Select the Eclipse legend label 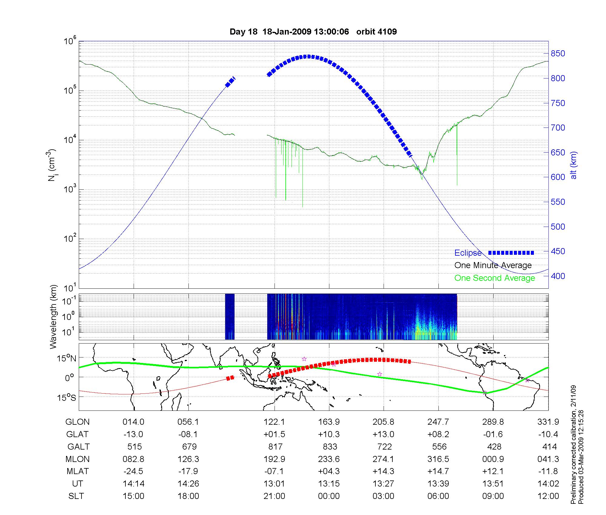[468, 253]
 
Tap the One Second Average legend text [494, 278]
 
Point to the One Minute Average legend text [493, 265]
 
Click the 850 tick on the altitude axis [558, 54]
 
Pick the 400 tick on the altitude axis [558, 276]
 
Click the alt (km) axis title [574, 165]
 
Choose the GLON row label [77, 422]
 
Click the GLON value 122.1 [274, 422]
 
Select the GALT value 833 [330, 447]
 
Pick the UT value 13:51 [493, 484]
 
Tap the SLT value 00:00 [329, 496]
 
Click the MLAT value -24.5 [133, 471]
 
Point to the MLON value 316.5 [438, 459]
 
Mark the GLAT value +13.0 [383, 434]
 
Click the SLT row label [76, 496]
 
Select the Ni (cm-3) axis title [52, 165]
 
